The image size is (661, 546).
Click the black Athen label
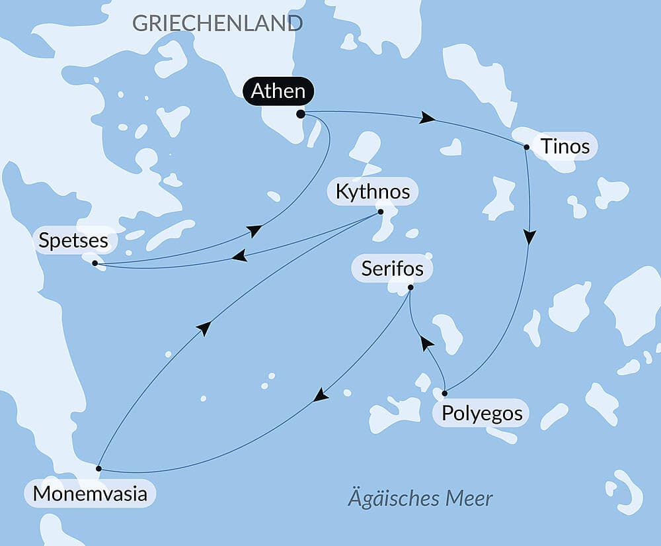[278, 91]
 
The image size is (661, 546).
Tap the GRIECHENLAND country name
[217, 23]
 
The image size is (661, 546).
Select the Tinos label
[564, 146]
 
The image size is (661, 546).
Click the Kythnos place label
[373, 192]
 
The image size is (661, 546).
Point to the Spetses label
[73, 240]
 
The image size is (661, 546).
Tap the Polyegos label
[481, 414]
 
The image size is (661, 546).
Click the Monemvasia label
[90, 494]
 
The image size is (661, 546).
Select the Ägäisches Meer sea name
[420, 498]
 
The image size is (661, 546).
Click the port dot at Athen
[301, 114]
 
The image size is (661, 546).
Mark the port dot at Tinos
[526, 147]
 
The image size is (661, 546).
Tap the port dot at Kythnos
[380, 212]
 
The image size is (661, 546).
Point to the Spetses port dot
[95, 263]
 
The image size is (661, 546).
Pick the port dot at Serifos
[410, 287]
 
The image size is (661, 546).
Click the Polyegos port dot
[444, 393]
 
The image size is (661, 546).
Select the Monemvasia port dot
[98, 468]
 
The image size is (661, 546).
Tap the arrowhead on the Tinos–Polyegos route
[530, 237]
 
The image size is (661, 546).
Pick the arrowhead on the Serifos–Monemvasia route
[321, 395]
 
